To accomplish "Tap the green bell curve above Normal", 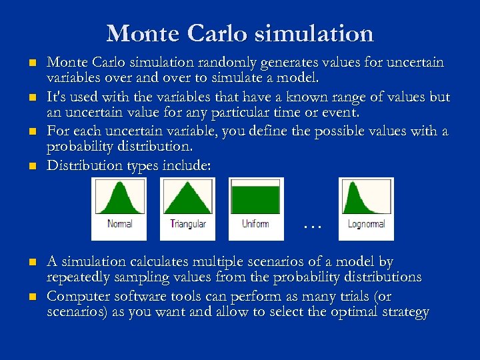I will (119, 199).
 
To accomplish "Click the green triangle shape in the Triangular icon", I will (187, 200).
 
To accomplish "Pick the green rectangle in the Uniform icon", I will (255, 200).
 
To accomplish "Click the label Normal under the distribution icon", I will (119, 224).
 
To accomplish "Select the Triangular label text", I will (187, 224).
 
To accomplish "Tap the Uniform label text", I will (255, 224).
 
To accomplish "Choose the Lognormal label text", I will (366, 224).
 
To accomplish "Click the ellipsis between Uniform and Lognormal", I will (311, 225).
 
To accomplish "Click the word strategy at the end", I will (407, 311).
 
